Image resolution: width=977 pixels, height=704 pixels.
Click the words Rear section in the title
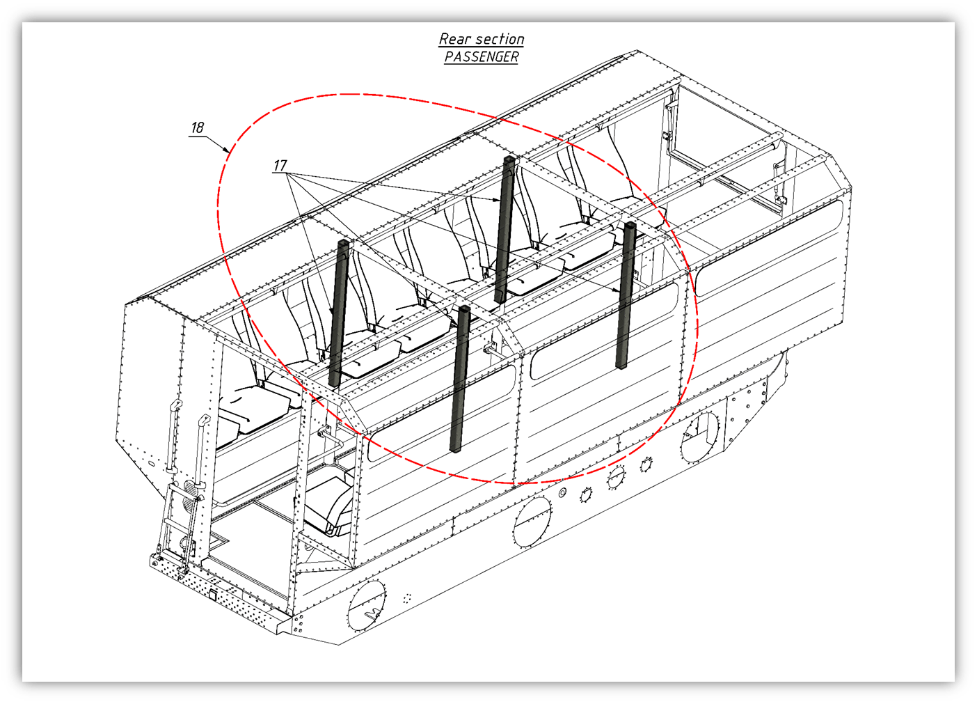coord(482,39)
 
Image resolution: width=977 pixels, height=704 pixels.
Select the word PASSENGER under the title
coord(482,56)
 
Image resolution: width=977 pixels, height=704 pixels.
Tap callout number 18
coord(198,127)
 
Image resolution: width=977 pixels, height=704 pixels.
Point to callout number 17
coord(280,166)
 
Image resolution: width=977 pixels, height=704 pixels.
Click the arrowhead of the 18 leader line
coord(227,150)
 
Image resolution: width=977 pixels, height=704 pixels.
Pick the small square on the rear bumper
coord(212,595)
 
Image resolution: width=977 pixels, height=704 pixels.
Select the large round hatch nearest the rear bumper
coord(366,606)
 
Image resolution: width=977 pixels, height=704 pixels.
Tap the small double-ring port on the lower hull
coord(563,493)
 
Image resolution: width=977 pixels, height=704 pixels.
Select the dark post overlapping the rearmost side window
coord(460,378)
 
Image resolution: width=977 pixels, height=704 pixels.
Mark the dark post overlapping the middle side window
coord(626,295)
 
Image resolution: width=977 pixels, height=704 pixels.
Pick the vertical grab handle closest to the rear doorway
coord(202,452)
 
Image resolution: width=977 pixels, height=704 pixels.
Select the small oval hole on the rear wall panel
coord(151,463)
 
